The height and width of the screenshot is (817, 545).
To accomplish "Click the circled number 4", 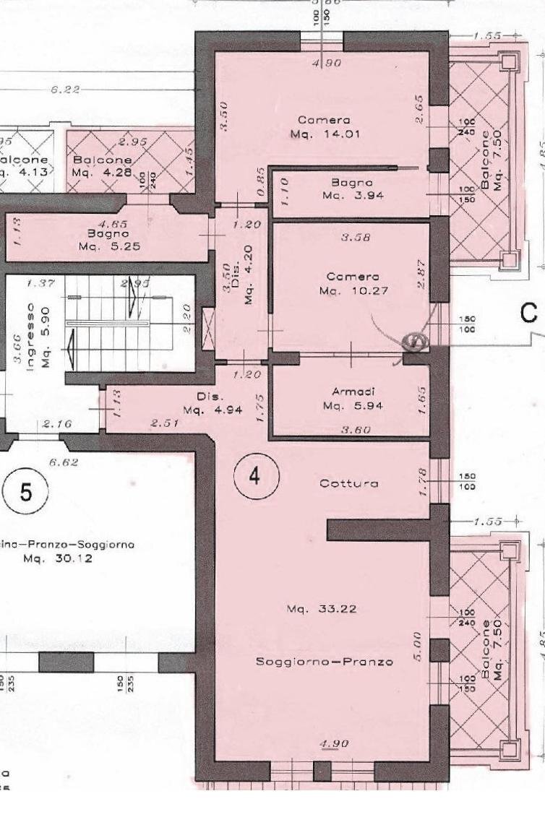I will [254, 475].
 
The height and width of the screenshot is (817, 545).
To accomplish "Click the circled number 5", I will [25, 493].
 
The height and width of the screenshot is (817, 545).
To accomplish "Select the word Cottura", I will [349, 483].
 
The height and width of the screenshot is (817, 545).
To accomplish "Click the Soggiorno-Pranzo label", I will [325, 661].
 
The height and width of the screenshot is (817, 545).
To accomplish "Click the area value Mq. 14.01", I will [325, 134].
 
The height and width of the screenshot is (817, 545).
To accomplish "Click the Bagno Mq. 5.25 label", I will [108, 241].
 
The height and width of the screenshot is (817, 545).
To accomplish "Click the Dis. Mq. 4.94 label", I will [210, 404].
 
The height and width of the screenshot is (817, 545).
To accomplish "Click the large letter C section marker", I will [529, 313].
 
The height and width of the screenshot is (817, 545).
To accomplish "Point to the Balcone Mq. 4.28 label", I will [102, 166].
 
